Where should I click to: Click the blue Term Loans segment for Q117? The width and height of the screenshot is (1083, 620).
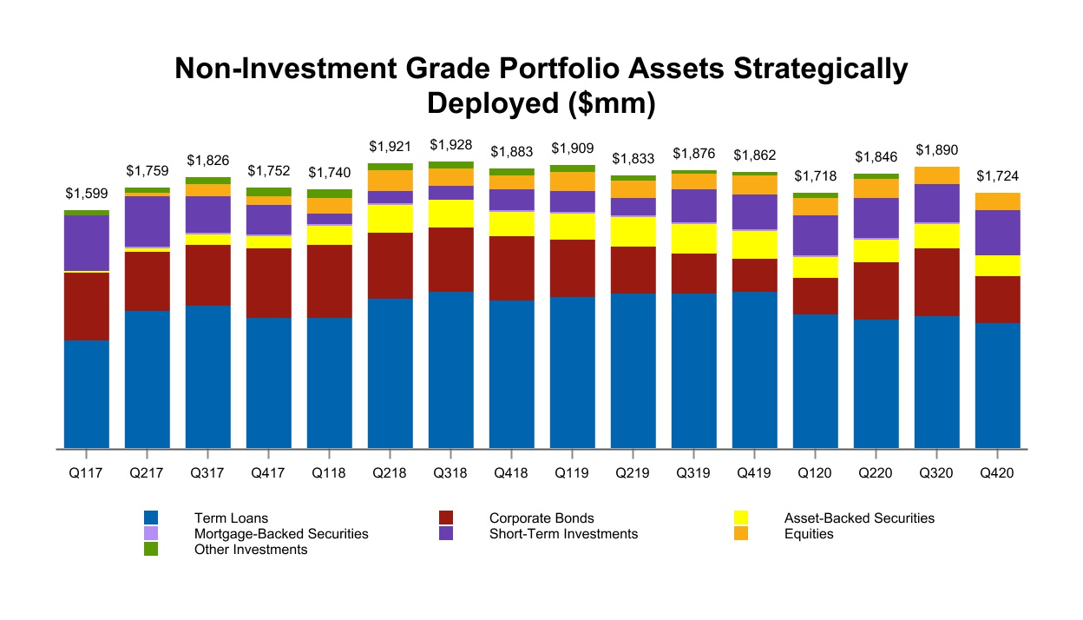click(x=87, y=394)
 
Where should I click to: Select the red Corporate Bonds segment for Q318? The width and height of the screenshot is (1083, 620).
click(x=451, y=259)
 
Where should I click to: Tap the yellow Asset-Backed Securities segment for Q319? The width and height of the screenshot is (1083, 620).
click(x=694, y=239)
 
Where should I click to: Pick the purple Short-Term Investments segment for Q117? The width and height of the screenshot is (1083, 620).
click(x=87, y=242)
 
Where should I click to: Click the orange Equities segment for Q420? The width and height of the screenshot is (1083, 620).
click(x=998, y=201)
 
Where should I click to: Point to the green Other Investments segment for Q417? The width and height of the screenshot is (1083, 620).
click(x=269, y=192)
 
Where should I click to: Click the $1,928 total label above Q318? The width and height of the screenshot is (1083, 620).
click(x=451, y=143)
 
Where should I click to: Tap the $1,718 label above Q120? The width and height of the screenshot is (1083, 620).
click(x=816, y=176)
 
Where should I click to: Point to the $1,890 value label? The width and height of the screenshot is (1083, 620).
click(x=937, y=149)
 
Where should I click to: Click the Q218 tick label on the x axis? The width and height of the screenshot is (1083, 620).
click(x=391, y=474)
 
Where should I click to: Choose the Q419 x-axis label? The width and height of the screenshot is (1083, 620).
click(x=755, y=474)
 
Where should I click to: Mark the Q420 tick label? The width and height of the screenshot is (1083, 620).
click(x=998, y=474)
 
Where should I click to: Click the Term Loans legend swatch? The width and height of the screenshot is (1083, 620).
click(x=151, y=518)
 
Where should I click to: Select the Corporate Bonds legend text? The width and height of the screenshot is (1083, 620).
click(x=541, y=518)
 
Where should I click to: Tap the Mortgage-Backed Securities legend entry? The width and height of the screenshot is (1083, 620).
click(x=281, y=534)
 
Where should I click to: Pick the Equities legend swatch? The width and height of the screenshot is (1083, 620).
click(x=741, y=534)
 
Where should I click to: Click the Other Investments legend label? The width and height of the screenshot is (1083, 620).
click(x=251, y=550)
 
